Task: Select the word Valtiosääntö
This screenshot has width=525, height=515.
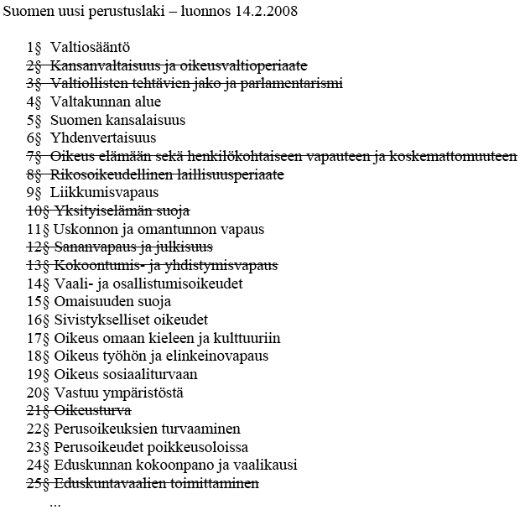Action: tap(90, 47)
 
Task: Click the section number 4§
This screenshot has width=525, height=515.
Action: tap(34, 101)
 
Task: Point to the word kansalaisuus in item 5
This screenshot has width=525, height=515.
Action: tap(143, 120)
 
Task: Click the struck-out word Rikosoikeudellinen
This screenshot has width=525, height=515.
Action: tap(111, 174)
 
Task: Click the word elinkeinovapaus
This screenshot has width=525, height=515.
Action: tap(220, 356)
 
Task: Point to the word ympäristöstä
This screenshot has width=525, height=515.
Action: tap(142, 393)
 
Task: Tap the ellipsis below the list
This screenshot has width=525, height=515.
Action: tap(56, 504)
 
